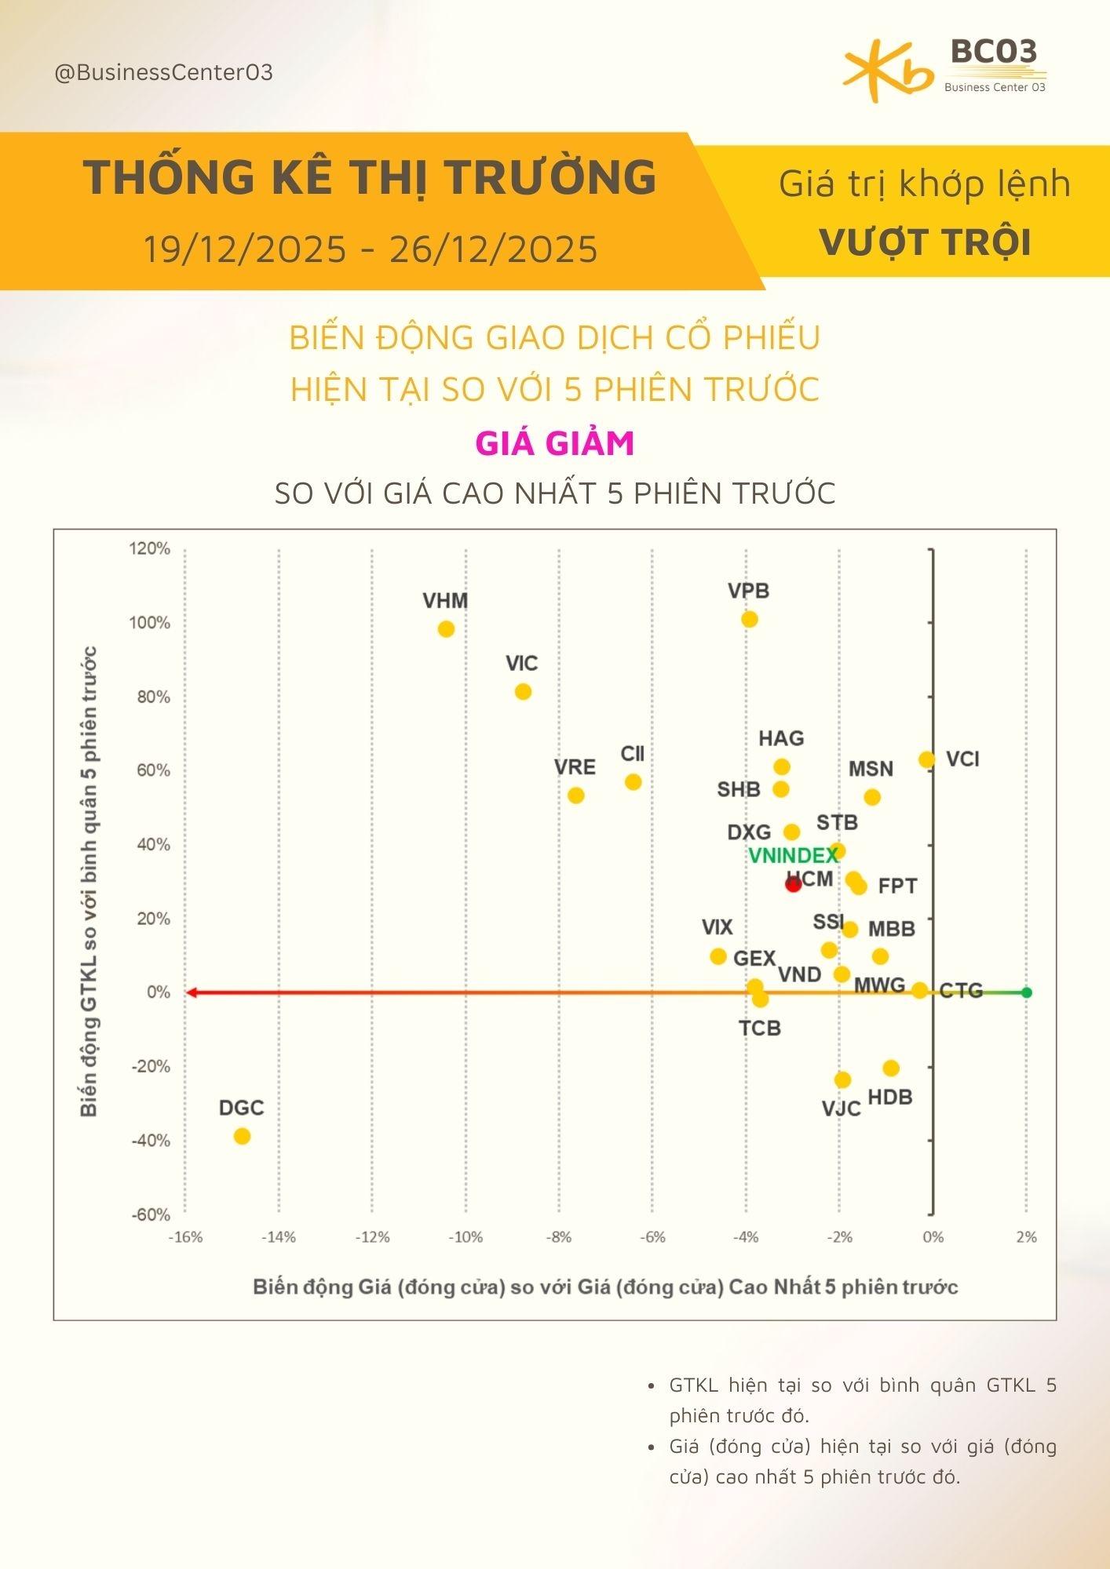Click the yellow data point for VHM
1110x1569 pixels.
point(446,629)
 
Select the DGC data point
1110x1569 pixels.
point(242,1136)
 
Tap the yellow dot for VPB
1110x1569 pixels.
point(750,620)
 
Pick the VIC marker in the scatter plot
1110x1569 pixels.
point(523,692)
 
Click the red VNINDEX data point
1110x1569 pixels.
point(793,884)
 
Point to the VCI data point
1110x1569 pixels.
point(927,759)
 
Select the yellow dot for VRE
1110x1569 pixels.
point(575,795)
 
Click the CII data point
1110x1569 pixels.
point(633,782)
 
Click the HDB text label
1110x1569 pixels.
point(889,1097)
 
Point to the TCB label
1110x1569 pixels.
point(759,1028)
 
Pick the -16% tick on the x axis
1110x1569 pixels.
point(185,1237)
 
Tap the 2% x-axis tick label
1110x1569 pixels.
point(1026,1237)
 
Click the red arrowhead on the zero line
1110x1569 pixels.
point(191,992)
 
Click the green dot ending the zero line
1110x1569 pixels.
point(1026,992)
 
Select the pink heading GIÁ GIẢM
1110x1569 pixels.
point(554,443)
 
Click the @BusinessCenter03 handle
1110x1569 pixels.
point(163,73)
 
